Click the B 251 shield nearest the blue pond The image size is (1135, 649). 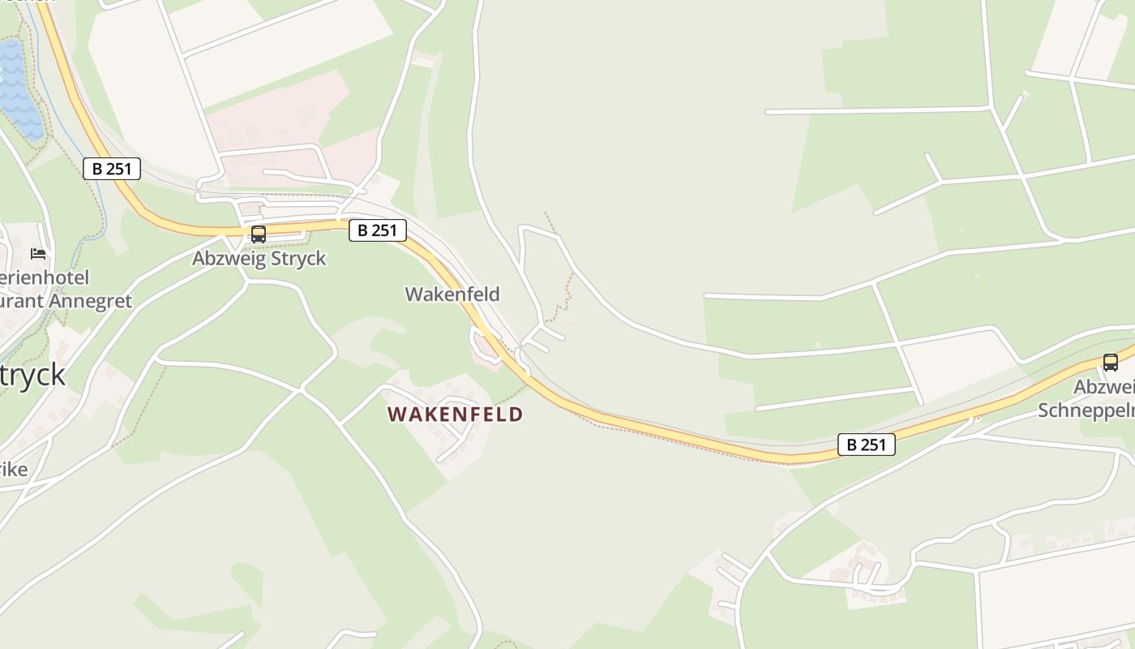click(112, 169)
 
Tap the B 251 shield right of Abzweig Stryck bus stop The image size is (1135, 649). click(377, 230)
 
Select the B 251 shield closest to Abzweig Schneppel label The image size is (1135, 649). click(866, 445)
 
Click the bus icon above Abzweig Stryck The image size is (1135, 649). click(259, 234)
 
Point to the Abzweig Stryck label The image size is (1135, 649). click(259, 259)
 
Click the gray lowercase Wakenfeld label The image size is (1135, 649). click(452, 294)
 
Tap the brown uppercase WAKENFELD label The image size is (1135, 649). click(455, 415)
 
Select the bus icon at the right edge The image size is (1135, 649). click(1110, 363)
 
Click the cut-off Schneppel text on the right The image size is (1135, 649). click(1086, 410)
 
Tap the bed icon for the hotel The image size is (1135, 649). click(38, 254)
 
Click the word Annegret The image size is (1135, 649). click(91, 301)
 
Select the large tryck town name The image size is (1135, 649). click(32, 376)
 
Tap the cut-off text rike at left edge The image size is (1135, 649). click(14, 470)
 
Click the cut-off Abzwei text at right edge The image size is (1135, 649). click(1103, 387)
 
